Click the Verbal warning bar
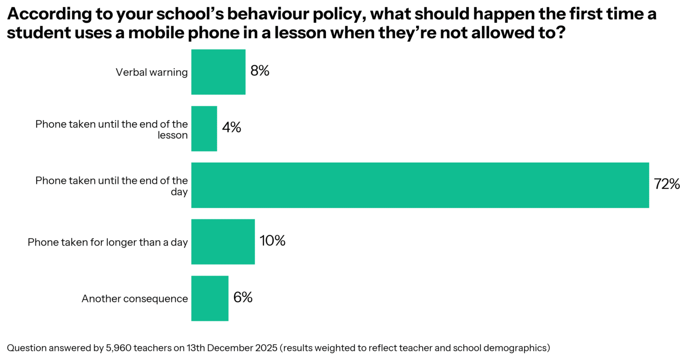218,72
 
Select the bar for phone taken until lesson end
204,128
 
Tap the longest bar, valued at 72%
420,185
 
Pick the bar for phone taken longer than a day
223,242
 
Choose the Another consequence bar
209,298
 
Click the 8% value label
260,72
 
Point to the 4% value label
231,128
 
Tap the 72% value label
666,185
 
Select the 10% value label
272,241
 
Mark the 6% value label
243,298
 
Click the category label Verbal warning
152,72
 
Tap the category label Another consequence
135,299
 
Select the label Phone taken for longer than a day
108,242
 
